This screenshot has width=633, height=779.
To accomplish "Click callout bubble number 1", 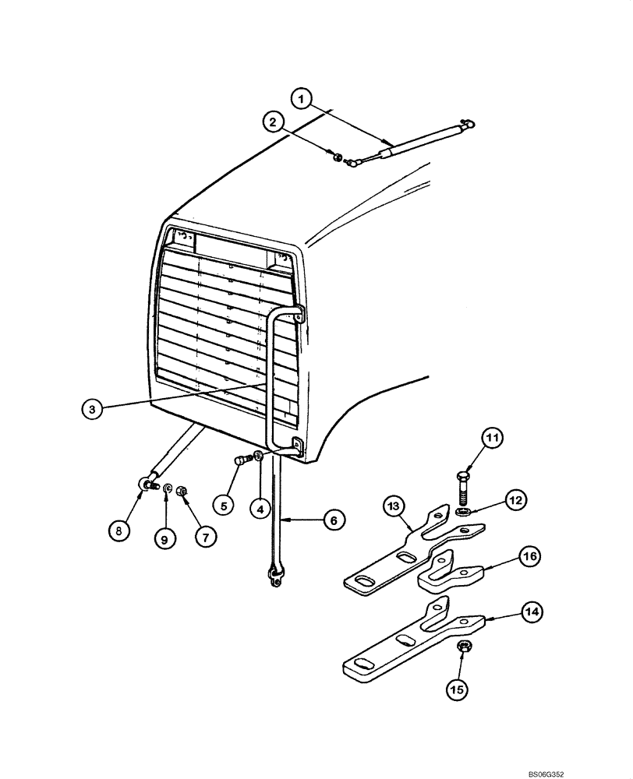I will (x=302, y=99).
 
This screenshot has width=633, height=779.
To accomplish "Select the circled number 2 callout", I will (x=272, y=122).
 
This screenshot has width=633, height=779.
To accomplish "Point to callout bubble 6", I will (x=332, y=520).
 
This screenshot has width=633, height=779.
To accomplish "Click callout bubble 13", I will (x=395, y=509).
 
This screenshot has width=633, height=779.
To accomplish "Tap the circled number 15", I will (x=458, y=688).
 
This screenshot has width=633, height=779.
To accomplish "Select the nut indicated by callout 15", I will (x=461, y=647).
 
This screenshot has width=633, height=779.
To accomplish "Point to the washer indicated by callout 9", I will (x=168, y=488).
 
